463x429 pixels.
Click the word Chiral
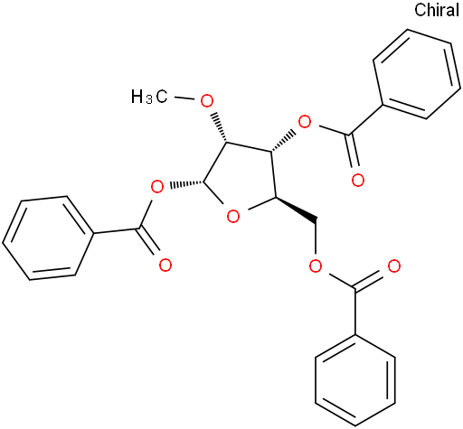tap(437, 10)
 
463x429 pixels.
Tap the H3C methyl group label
tap(149, 97)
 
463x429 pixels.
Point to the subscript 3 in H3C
tap(149, 100)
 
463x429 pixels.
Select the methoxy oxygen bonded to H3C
tap(207, 101)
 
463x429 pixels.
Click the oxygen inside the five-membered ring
tap(233, 217)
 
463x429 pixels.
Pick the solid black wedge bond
tap(296, 209)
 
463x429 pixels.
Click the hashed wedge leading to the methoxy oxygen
tap(220, 127)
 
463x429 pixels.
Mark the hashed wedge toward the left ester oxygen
tap(187, 183)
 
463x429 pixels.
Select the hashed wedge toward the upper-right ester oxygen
tap(282, 140)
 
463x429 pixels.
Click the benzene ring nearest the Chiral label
tap(417, 74)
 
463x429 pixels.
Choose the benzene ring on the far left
tap(47, 238)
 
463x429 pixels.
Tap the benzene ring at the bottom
tap(355, 380)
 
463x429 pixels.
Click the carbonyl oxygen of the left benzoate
tap(165, 266)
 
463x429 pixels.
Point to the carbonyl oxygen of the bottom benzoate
tap(393, 266)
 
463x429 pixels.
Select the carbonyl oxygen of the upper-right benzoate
tap(358, 181)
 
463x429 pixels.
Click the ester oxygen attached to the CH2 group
tap(316, 266)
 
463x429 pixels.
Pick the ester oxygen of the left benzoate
tap(156, 188)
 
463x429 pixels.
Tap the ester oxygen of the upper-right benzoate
tap(305, 122)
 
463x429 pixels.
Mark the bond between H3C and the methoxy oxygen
tap(184, 98)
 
